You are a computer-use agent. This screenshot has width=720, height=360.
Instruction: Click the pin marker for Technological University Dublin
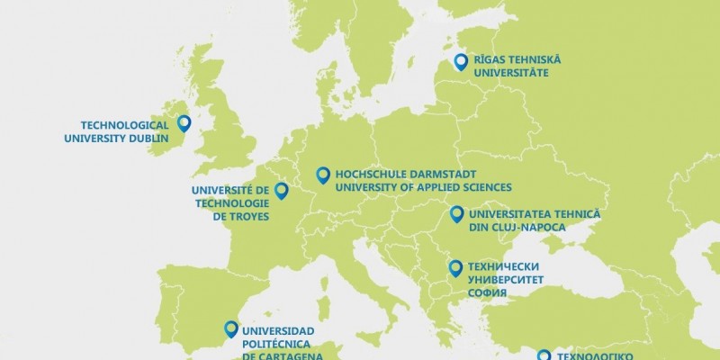click(x=184, y=123)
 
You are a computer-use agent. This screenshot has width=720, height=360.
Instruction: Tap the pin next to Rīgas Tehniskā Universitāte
click(x=461, y=60)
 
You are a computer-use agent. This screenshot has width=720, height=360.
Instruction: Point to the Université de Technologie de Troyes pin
click(x=281, y=190)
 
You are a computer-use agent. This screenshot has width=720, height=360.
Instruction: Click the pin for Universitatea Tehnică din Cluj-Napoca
click(x=456, y=213)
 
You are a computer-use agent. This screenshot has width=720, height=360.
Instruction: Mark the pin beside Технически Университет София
click(x=455, y=266)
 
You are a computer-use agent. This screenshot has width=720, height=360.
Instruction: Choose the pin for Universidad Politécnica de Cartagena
click(x=231, y=328)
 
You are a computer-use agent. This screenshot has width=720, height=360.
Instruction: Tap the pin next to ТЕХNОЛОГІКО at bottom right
click(x=543, y=356)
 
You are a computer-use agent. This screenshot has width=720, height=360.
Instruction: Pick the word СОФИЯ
click(x=489, y=293)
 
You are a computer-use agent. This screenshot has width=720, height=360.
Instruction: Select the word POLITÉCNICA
click(x=281, y=342)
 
